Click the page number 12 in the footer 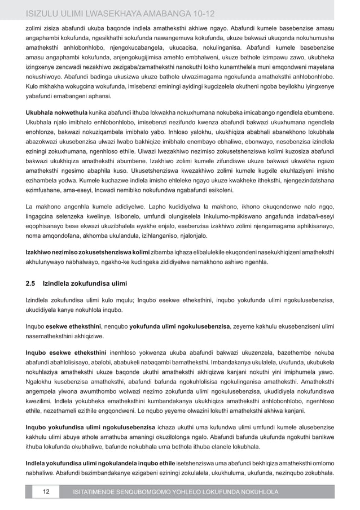(x=46, y=492)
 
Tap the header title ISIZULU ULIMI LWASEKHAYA (x=102, y=11)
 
